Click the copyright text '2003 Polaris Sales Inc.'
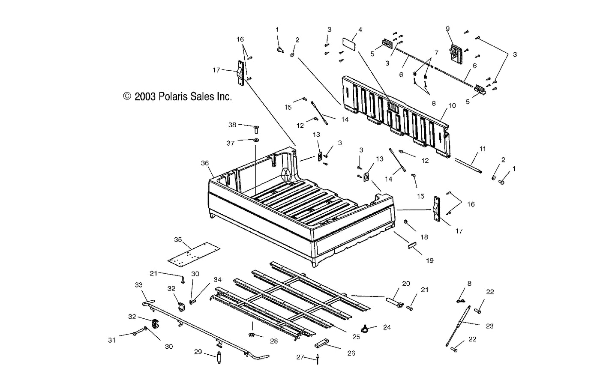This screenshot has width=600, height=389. pos(177,96)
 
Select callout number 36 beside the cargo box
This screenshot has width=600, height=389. pos(205,163)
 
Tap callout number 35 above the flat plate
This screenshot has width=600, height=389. pos(178,239)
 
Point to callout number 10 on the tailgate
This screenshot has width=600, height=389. pos(452,105)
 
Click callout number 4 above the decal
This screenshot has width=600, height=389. pos(360,30)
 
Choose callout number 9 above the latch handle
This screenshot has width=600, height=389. pos(447,29)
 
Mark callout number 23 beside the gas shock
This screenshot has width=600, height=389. pos(490,326)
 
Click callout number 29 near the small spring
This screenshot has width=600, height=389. pos(198,352)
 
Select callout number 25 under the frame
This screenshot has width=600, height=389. pos(356,337)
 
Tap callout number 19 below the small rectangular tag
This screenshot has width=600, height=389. pos(429,260)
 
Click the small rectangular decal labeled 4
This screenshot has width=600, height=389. pos(349,44)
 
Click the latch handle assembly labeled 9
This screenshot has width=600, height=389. pos(455,52)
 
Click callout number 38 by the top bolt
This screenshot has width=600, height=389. pos(232,125)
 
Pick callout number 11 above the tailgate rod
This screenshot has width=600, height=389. pos(483,149)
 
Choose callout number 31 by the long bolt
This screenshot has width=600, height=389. pos(112,340)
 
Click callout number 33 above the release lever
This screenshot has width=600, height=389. pos(138,285)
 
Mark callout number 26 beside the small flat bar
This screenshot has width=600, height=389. pos(351,353)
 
